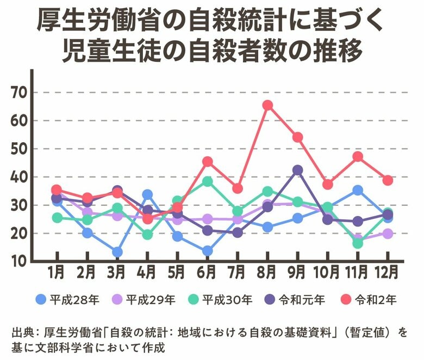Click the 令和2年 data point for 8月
[x=267, y=105]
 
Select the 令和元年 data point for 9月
[x=297, y=170]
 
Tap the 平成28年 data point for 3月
[x=117, y=252]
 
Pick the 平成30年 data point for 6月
[x=207, y=181]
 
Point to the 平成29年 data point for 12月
[x=387, y=233]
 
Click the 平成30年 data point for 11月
[x=357, y=243]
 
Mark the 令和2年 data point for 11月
[x=357, y=156]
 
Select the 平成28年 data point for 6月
[x=207, y=251]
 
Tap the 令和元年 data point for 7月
[x=237, y=232]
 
